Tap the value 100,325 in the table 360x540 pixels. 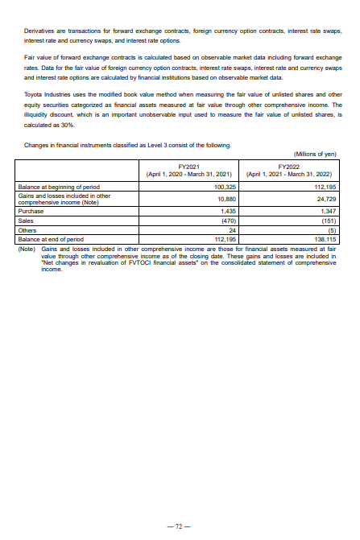[222, 187]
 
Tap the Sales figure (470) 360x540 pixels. [226, 217]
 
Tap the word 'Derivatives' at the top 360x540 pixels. [39, 31]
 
